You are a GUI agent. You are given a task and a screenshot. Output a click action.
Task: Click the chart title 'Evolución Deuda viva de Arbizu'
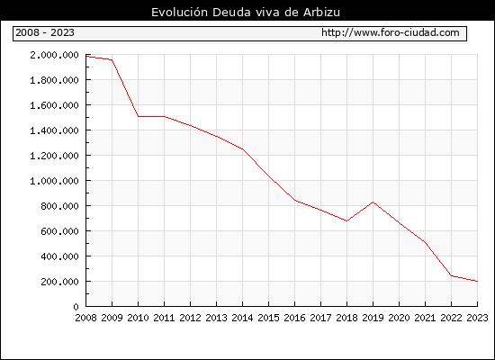[246, 13]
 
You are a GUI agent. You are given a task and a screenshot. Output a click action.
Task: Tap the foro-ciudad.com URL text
[391, 32]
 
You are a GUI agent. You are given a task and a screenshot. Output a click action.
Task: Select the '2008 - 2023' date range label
[45, 32]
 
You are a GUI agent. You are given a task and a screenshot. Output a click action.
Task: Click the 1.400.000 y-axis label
[54, 130]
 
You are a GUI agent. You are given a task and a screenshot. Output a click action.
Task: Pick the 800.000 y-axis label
[59, 206]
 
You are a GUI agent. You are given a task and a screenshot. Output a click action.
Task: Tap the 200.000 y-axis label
[59, 282]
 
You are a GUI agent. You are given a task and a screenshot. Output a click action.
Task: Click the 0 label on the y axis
[76, 307]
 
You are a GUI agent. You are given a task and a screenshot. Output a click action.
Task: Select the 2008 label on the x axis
[85, 318]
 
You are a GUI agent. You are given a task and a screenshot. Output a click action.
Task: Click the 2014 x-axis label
[242, 318]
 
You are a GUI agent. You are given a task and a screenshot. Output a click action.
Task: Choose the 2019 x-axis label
[373, 318]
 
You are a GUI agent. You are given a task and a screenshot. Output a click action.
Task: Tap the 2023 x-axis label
[477, 318]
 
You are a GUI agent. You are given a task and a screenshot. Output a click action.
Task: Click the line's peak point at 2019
[373, 202]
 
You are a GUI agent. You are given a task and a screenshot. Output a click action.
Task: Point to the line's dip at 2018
[346, 220]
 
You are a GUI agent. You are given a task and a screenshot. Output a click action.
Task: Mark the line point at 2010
[139, 116]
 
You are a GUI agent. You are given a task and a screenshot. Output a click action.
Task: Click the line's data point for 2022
[451, 275]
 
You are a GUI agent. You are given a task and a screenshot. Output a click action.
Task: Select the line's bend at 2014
[242, 149]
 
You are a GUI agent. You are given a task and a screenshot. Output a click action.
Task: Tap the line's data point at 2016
[295, 200]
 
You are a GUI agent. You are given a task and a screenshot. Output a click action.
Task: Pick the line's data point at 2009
[112, 59]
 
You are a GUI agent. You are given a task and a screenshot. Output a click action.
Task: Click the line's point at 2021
[425, 242]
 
